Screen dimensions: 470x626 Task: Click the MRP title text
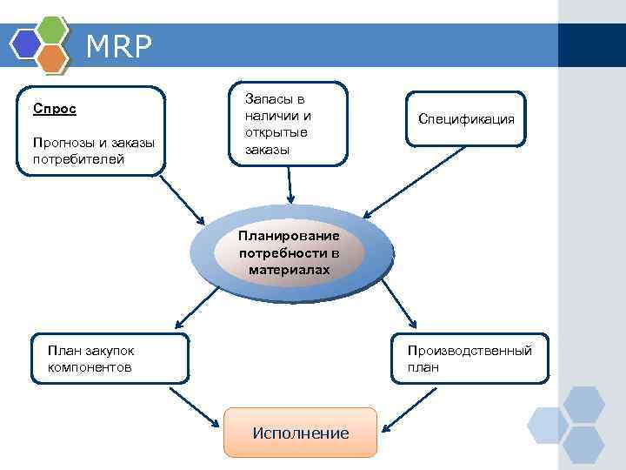pos(118,47)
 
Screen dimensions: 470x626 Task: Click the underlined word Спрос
pos(55,109)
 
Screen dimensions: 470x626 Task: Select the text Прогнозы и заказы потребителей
pos(92,151)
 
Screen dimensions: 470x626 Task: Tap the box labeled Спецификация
pos(466,119)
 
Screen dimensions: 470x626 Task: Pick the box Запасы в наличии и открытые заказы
pos(287,124)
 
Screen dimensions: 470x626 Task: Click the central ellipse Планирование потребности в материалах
pos(290,253)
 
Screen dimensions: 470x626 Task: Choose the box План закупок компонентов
pos(109,358)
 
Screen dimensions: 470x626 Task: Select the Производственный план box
pos(470,358)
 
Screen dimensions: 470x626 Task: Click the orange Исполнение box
pos(300,433)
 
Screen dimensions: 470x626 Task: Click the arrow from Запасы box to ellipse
pos(290,184)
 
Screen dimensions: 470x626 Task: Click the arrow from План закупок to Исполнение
pos(194,406)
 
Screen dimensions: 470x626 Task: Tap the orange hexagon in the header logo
pos(54,57)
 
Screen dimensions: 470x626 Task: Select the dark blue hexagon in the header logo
pos(25,43)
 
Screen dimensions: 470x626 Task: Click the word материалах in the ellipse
pos(290,271)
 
